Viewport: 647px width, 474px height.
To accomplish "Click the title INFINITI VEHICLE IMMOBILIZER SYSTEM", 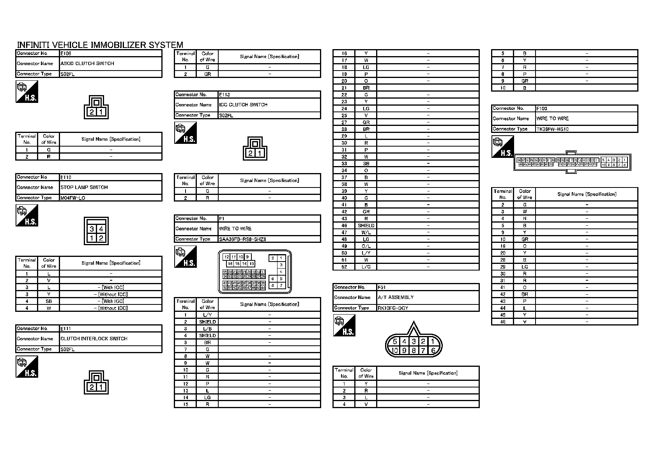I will (x=100, y=45).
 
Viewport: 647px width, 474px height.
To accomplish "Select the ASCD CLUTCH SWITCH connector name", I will (x=87, y=64).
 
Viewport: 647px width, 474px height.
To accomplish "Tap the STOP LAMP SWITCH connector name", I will (x=84, y=187).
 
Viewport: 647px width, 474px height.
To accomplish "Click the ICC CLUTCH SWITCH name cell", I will (x=243, y=105).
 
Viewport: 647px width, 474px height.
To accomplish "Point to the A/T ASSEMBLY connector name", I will (x=396, y=297).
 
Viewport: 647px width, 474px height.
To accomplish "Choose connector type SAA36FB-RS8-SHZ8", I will (x=242, y=239).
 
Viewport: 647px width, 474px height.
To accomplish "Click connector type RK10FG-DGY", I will (x=393, y=308).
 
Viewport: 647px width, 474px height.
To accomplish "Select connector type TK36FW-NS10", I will (x=553, y=129).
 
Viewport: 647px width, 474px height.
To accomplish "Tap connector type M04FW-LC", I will (x=73, y=198).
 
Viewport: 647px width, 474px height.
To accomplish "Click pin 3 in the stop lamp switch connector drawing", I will (x=92, y=229).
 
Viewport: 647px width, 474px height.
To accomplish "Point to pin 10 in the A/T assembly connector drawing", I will (x=395, y=350).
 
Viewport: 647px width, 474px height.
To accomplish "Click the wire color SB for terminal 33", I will (x=366, y=164).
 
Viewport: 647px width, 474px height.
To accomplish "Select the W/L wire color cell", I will (x=366, y=232).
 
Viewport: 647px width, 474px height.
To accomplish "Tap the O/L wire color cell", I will (x=366, y=246).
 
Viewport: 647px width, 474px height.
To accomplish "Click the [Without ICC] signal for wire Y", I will (x=111, y=294).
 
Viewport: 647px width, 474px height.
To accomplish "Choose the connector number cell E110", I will (x=66, y=177).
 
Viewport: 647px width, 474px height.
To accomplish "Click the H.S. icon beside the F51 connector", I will (x=344, y=325).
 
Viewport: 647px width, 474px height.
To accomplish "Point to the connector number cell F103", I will (x=542, y=109).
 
